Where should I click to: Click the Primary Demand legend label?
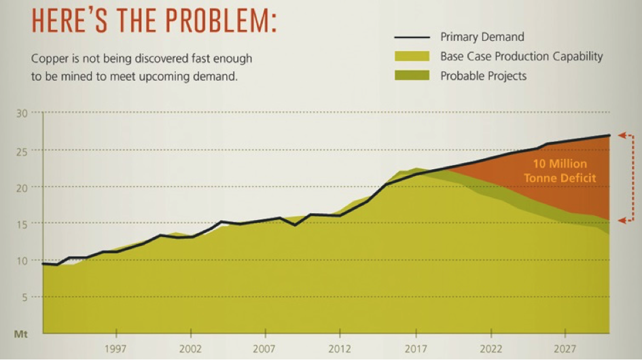[482, 37]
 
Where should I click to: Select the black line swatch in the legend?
[412, 37]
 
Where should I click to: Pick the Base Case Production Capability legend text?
[521, 56]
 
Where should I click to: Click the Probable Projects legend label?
[483, 75]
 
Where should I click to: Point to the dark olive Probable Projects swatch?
[412, 75]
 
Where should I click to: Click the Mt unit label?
[21, 334]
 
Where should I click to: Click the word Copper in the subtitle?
[48, 59]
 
